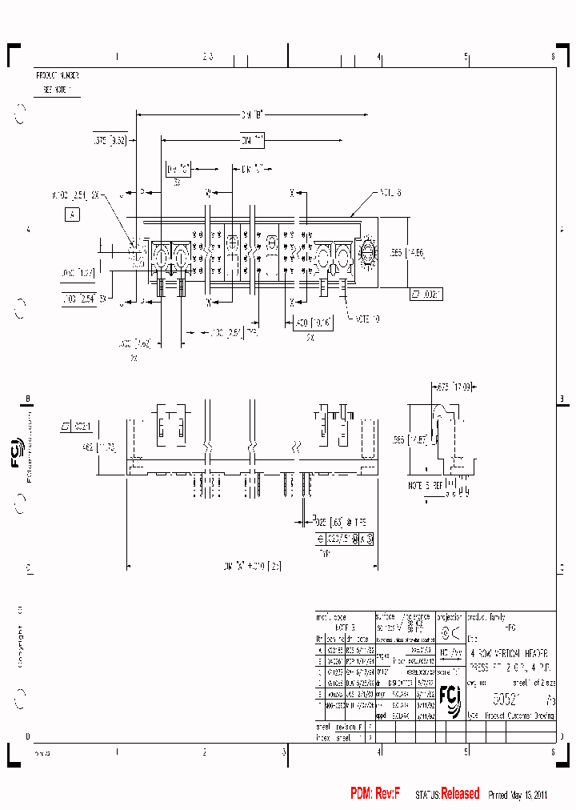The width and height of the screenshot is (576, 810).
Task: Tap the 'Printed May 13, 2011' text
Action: click(517, 795)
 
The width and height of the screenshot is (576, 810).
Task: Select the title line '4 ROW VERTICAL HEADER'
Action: click(509, 653)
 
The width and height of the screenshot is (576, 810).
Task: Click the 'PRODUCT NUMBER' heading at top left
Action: click(58, 74)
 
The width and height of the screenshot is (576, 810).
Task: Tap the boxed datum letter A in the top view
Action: click(73, 215)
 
